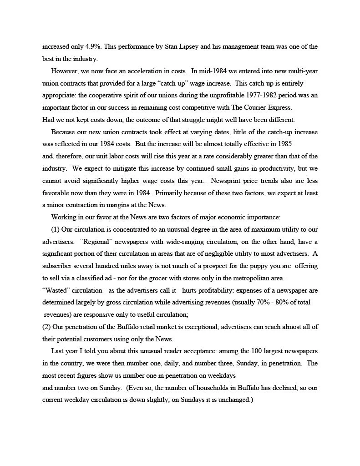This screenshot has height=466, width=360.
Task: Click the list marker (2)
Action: click(46, 326)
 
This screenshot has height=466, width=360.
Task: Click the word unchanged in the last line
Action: click(232, 400)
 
